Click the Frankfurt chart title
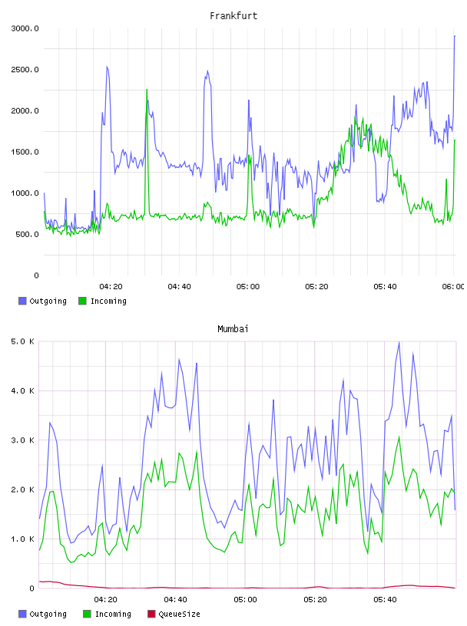(x=233, y=16)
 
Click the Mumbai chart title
(x=233, y=329)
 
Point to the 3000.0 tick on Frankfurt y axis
(x=25, y=28)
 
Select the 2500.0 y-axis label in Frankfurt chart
(x=25, y=70)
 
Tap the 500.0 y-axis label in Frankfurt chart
(x=27, y=234)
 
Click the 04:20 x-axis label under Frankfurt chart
(x=111, y=287)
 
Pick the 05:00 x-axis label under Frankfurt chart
(x=248, y=287)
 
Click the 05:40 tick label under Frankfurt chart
(x=385, y=287)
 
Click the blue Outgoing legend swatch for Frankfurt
(x=22, y=301)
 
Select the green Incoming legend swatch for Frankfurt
(x=82, y=301)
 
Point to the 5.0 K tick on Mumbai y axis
(x=22, y=341)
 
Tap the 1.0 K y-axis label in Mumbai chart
(x=22, y=539)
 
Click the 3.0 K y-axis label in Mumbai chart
(x=22, y=440)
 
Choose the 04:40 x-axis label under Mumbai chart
(x=175, y=600)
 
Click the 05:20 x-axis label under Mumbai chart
(x=315, y=600)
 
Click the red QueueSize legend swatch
(x=151, y=614)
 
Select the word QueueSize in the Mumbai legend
(x=179, y=614)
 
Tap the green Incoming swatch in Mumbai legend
(x=87, y=614)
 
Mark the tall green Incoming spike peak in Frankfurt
(x=147, y=90)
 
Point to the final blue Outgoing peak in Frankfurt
(x=455, y=36)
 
